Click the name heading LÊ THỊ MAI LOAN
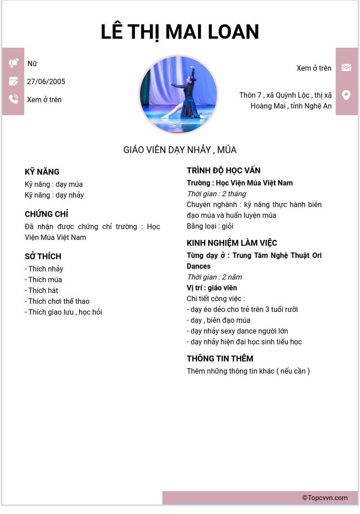(x=180, y=32)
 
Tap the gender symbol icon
(x=13, y=63)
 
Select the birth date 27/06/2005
(x=46, y=81)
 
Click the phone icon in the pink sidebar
(x=13, y=99)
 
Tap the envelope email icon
(x=346, y=68)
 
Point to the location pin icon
(x=346, y=95)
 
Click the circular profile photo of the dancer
(x=178, y=95)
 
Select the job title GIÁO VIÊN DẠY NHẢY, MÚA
(x=180, y=150)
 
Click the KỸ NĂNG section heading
(x=42, y=172)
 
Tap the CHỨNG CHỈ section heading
(x=46, y=214)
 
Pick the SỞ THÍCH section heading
(x=43, y=257)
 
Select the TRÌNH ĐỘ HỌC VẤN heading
(x=224, y=171)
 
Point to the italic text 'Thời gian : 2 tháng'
(x=216, y=194)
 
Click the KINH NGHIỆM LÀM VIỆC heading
(x=232, y=243)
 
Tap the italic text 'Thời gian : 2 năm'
(x=214, y=277)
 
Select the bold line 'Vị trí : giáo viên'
(x=211, y=288)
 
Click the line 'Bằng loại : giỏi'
(x=210, y=226)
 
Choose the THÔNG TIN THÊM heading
(x=220, y=359)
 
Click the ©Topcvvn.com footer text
(x=325, y=498)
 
